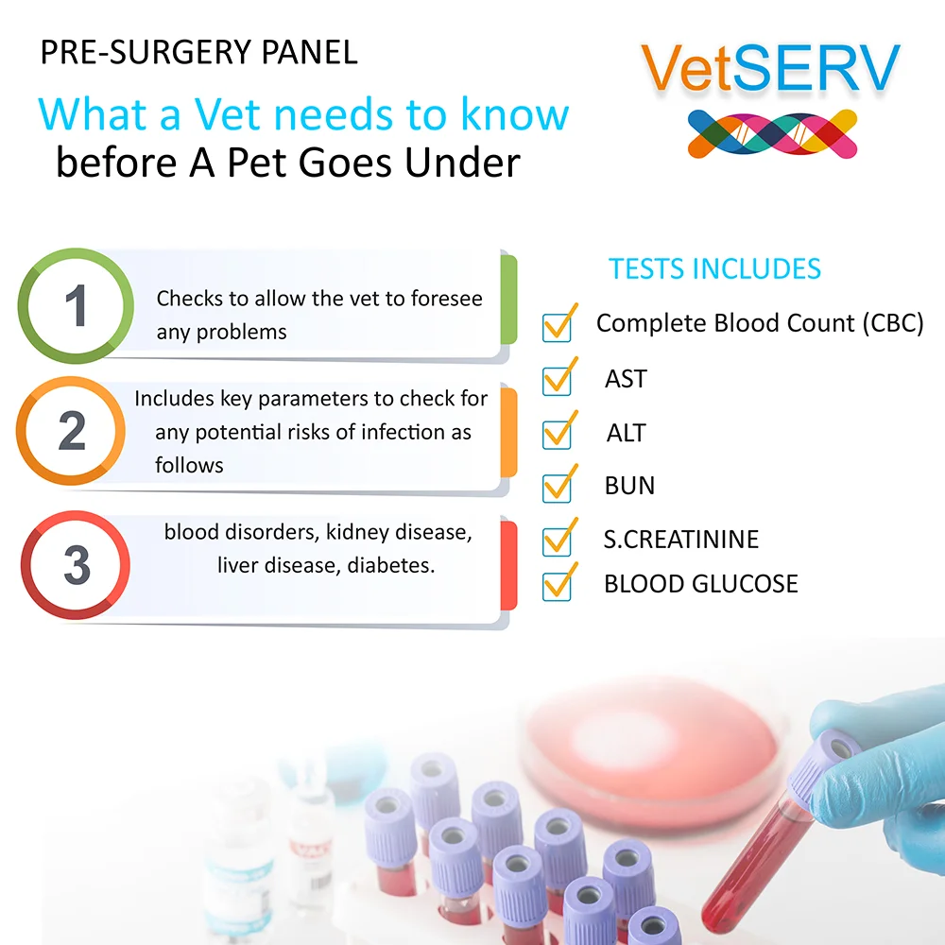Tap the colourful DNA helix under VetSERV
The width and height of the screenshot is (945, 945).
pyautogui.click(x=773, y=134)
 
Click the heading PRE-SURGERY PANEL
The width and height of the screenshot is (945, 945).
pyautogui.click(x=198, y=52)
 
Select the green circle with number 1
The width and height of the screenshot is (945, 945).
pyautogui.click(x=76, y=305)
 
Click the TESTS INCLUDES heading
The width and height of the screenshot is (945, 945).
pyautogui.click(x=714, y=268)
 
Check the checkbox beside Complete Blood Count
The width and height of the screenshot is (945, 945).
pyautogui.click(x=557, y=328)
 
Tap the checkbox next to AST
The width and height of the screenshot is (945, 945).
pyautogui.click(x=557, y=381)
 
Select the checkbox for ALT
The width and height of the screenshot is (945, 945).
pyautogui.click(x=557, y=435)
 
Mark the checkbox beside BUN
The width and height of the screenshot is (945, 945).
pyautogui.click(x=557, y=488)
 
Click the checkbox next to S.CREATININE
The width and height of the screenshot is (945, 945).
pyautogui.click(x=557, y=541)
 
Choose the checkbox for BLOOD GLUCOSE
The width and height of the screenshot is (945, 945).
pyautogui.click(x=557, y=586)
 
